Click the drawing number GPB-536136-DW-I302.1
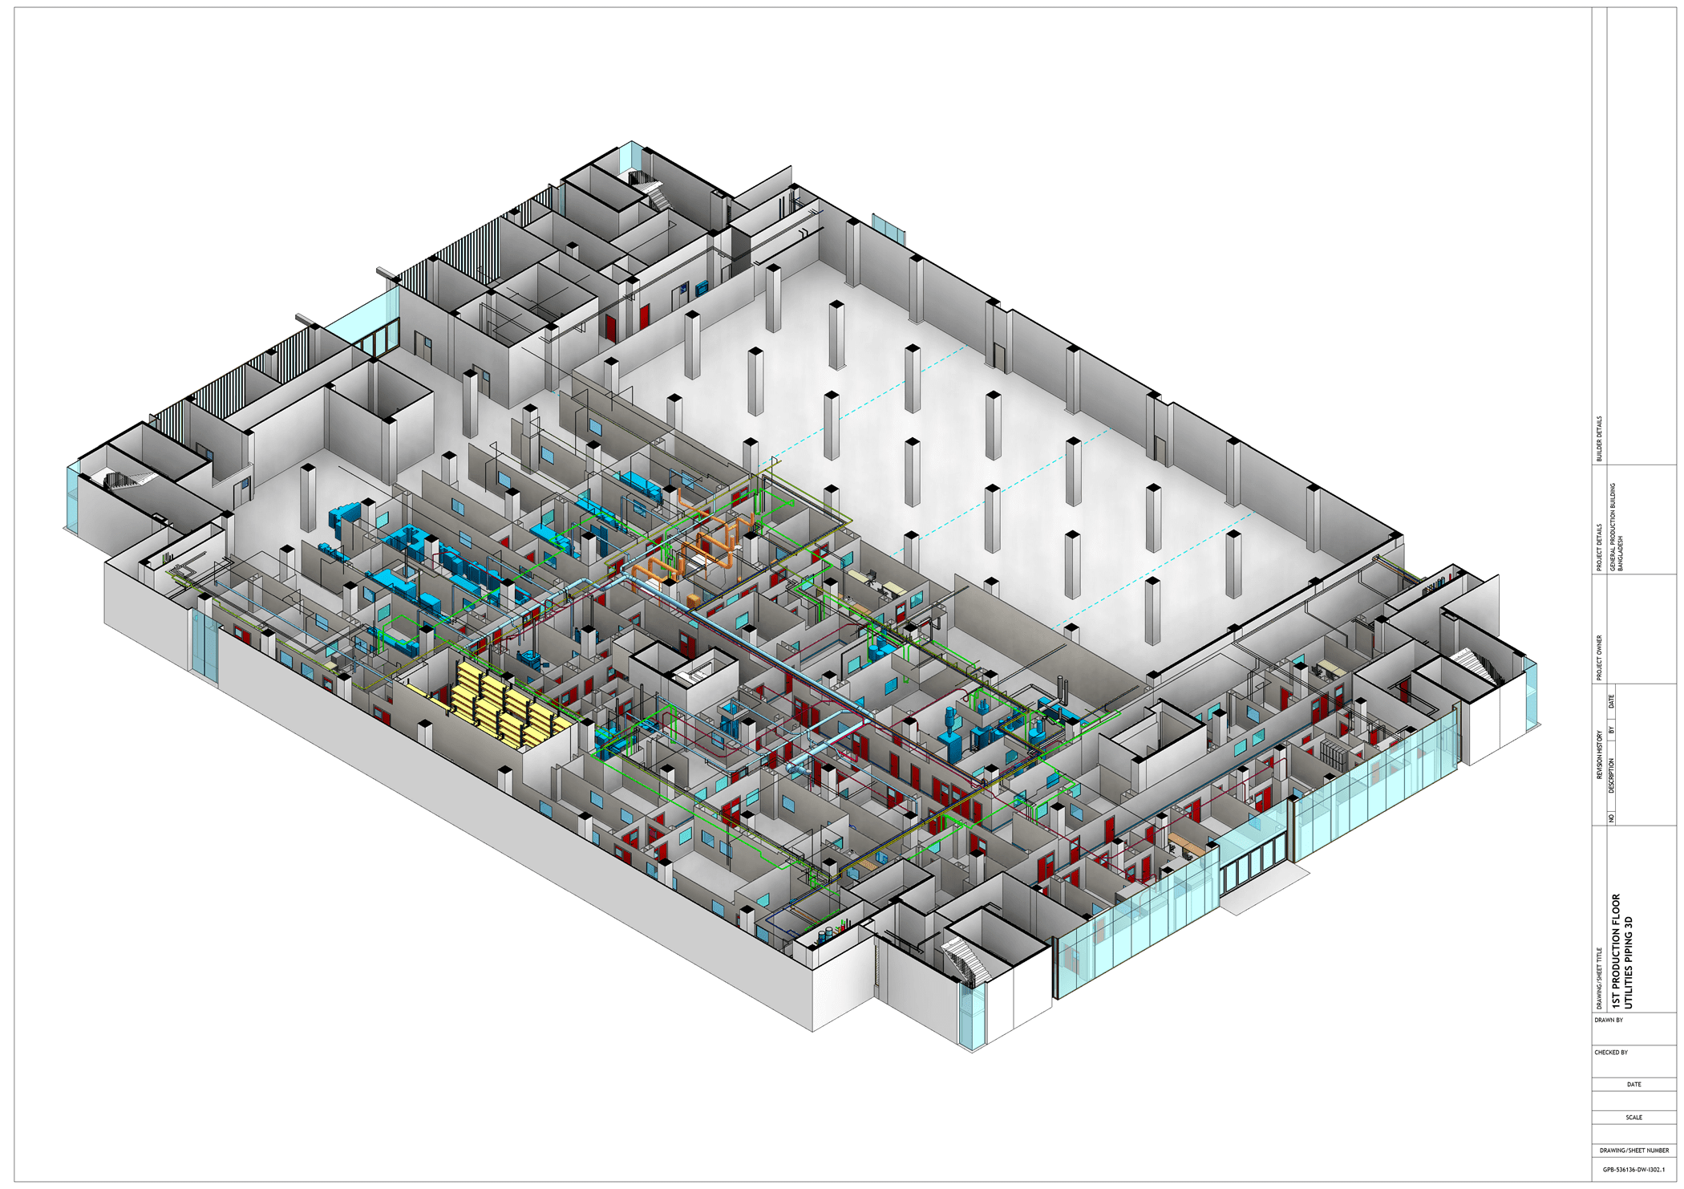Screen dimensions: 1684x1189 point(1633,1170)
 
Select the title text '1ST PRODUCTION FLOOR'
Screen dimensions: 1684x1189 point(1616,952)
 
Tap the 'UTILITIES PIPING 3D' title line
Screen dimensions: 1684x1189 point(1629,963)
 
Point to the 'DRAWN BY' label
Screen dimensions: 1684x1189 point(1609,1021)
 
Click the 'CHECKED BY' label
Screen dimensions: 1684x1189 point(1611,1053)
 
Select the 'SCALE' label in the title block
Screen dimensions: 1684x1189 point(1634,1118)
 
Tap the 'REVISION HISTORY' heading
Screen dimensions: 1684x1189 point(1599,754)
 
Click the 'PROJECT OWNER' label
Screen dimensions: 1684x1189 point(1599,658)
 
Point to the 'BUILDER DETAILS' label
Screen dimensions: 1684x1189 point(1599,439)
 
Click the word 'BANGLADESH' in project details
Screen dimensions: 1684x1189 point(1621,554)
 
